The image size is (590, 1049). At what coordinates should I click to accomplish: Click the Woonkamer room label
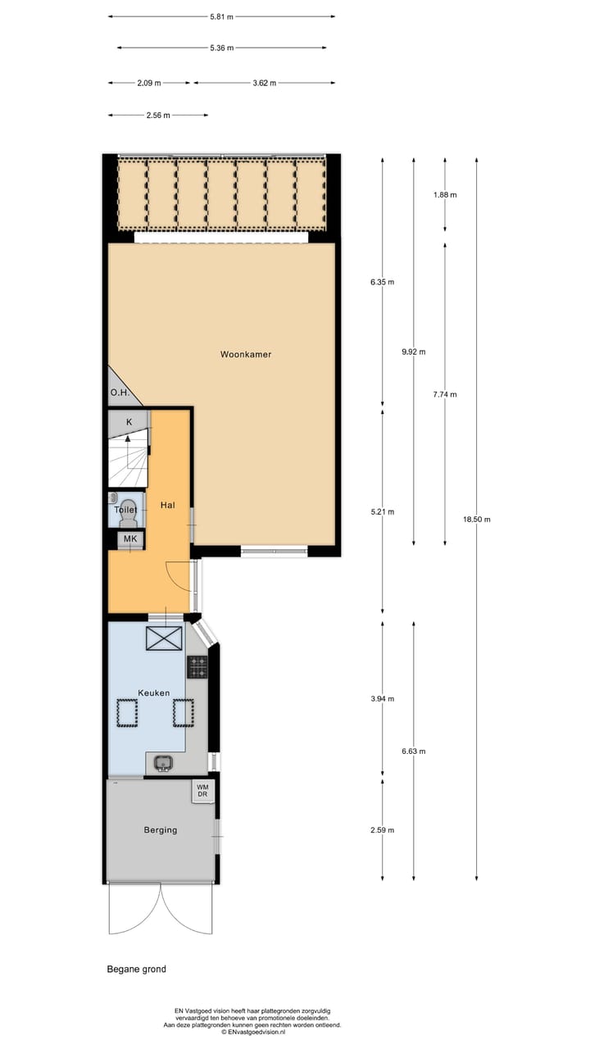coord(245,355)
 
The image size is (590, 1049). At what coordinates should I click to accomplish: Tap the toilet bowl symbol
coord(129,506)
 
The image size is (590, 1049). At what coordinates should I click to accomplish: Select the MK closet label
coord(129,538)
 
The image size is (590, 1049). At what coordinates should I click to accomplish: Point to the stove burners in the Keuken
coord(197,667)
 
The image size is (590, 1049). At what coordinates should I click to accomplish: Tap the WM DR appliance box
coord(202,791)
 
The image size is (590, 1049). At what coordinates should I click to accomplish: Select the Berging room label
coord(160,829)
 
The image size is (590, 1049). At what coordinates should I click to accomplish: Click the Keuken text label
coord(153,693)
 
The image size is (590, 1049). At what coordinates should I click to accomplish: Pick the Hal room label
coord(167,505)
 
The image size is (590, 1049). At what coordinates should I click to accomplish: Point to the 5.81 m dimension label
coord(221,16)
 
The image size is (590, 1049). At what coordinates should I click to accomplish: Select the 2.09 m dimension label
coord(148,83)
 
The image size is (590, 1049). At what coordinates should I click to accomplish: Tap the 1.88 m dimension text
coord(444,195)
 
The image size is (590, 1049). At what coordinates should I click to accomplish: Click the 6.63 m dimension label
coord(413,751)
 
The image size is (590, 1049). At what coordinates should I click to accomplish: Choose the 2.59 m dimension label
coord(382,830)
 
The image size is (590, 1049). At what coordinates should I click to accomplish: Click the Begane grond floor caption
coord(136,969)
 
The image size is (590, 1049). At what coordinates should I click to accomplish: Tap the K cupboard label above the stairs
coord(129,421)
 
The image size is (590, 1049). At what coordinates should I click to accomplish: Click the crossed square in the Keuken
coord(164,638)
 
